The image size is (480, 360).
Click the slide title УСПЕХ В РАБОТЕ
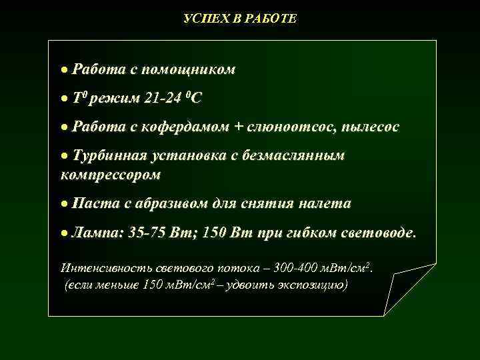coord(240,19)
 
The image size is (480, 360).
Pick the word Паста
coord(96,203)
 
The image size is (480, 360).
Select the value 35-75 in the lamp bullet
coord(148,233)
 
